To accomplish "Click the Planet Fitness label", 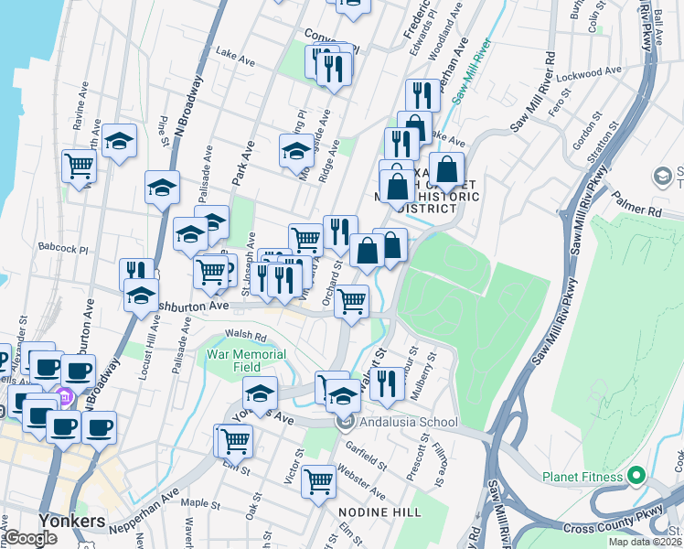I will pos(582,477).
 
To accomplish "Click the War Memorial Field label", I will pos(246,360).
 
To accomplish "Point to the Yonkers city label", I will pos(72,521).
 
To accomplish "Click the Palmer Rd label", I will pos(636,201).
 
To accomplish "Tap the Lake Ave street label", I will pos(234,57).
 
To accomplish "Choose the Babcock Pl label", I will pos(63,248).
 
